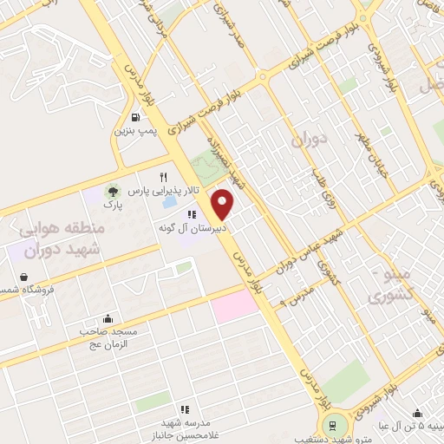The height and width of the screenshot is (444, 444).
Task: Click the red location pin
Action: click(x=224, y=204)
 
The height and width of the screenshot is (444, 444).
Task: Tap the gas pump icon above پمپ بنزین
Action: click(x=135, y=117)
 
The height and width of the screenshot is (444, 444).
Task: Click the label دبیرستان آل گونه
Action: click(x=192, y=228)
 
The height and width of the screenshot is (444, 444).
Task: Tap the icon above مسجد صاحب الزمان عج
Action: click(x=107, y=318)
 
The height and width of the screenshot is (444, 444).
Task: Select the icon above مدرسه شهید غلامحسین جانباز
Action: click(x=184, y=408)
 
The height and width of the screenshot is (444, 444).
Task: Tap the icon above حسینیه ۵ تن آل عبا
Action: click(x=417, y=413)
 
